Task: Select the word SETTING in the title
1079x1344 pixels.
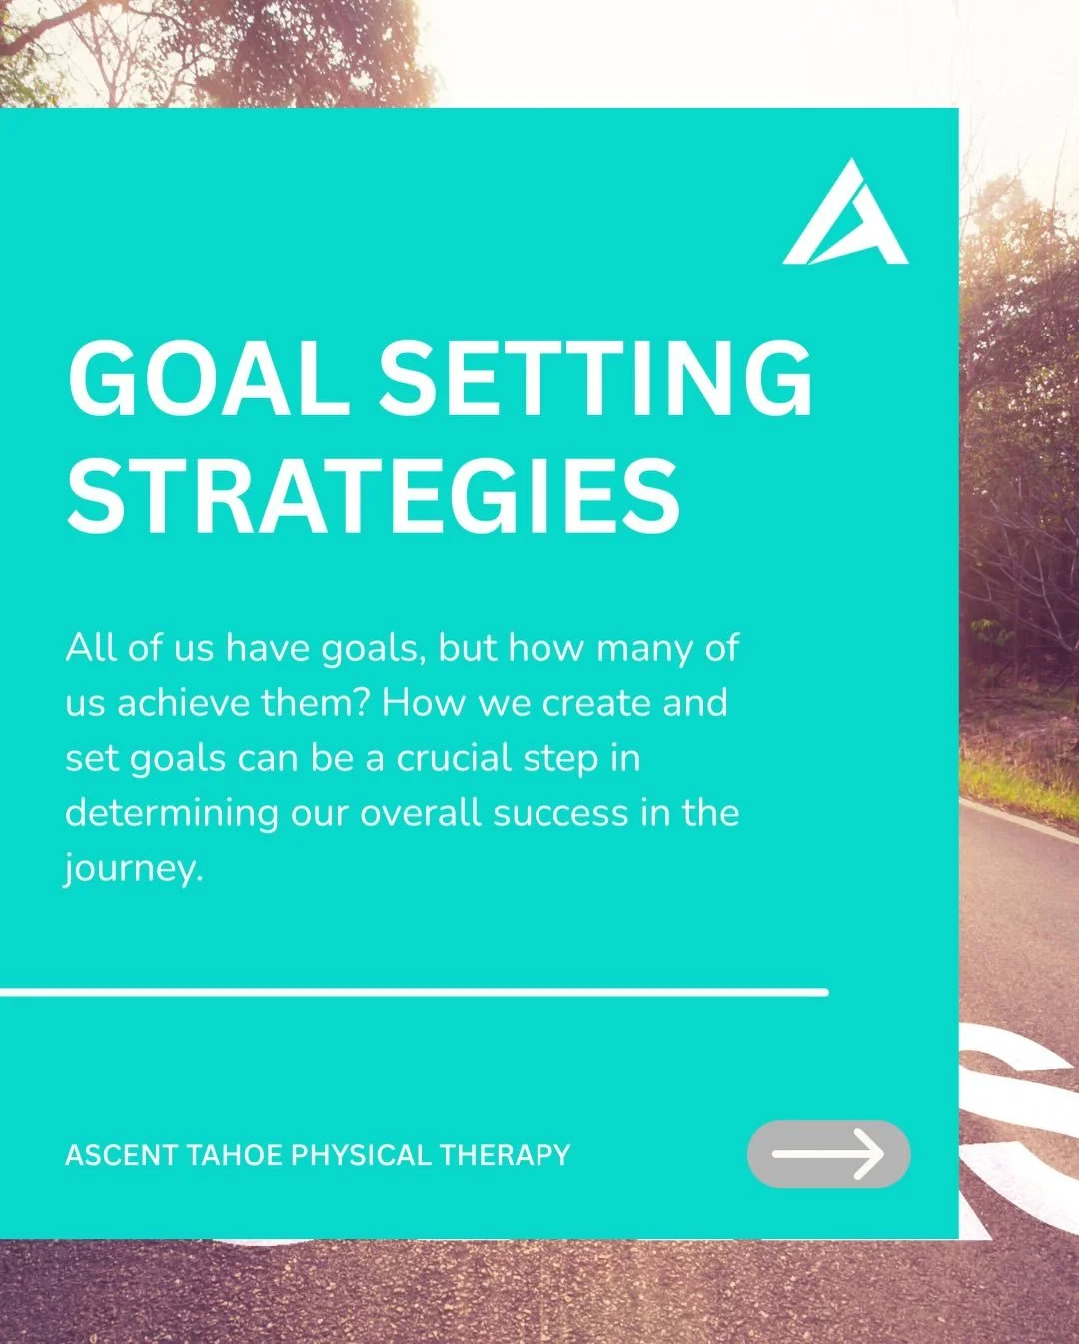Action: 595,379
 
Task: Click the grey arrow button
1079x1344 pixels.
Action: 828,1154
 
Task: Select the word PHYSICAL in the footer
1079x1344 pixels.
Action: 361,1155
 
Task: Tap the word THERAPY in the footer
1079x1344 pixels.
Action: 505,1155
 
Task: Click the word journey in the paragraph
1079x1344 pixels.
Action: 132,868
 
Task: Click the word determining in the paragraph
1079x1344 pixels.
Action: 171,812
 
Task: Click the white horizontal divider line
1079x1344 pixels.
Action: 414,992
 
